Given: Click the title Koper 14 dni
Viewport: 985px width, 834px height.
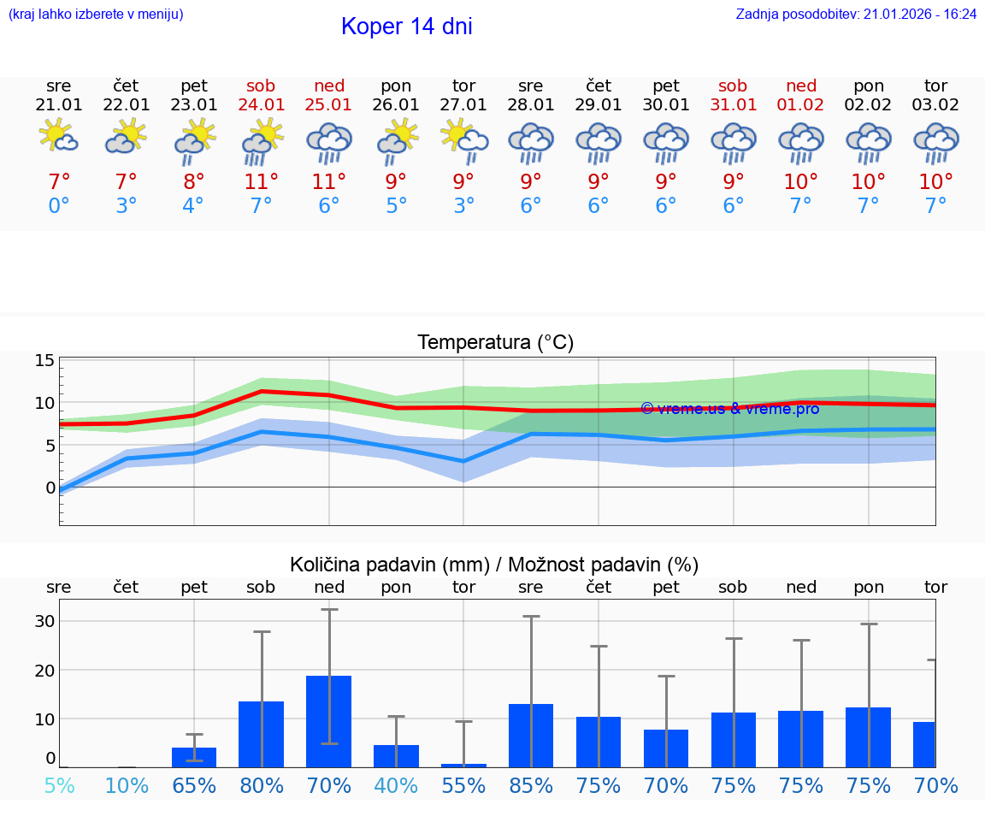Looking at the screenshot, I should coord(406,27).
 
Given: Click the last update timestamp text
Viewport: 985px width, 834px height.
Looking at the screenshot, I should coord(856,14).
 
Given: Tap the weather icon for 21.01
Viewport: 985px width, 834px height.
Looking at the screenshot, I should coord(58,137).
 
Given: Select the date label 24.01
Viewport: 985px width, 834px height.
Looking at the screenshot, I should coord(262,104).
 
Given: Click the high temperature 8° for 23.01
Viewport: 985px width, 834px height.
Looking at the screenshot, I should coord(194,181).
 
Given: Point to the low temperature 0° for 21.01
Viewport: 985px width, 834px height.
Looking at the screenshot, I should coord(58,206).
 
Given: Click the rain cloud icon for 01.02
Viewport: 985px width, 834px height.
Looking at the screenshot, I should coord(801,142).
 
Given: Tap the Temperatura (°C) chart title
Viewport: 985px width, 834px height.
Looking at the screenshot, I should coord(495,343).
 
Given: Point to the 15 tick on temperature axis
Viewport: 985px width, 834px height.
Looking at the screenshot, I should coord(44,360).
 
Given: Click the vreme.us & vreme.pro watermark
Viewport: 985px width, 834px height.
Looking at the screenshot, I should coord(729,409).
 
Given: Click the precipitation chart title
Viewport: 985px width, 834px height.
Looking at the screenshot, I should coord(494,565).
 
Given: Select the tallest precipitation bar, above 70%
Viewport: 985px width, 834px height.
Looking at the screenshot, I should coord(329,721).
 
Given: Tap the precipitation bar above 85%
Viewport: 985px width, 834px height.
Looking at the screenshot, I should coord(531,735).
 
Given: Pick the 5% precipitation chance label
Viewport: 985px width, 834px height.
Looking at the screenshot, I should coord(59,785).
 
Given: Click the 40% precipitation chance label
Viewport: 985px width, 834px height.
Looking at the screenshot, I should coord(396,785).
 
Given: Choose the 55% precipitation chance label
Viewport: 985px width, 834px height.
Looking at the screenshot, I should coord(463,785).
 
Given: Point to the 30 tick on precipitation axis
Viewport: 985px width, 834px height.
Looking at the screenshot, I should coord(44,621).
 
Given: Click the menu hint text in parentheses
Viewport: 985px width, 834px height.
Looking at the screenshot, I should coord(96,14).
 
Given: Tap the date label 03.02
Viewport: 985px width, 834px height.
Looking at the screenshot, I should coord(935,104).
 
